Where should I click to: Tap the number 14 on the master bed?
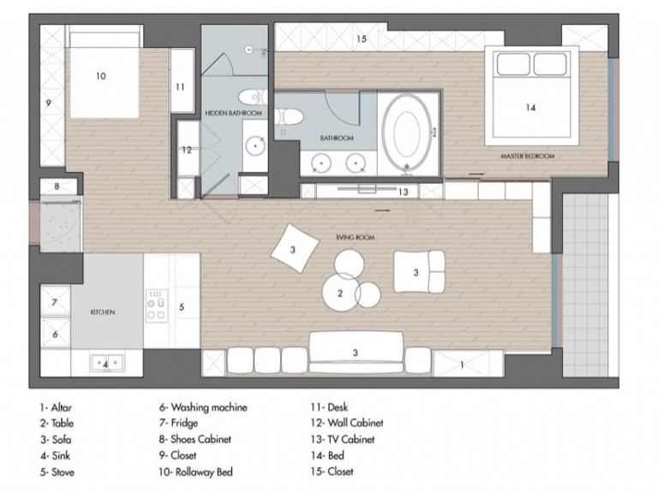[530, 108]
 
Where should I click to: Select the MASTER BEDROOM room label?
[528, 157]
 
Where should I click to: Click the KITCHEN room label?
[103, 312]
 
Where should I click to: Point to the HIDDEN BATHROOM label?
[233, 113]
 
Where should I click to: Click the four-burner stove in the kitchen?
[157, 306]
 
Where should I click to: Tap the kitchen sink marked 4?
[107, 364]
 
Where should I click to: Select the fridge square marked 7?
[55, 301]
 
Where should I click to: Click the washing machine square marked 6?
[55, 333]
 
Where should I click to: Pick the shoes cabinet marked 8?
[58, 187]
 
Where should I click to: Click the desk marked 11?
[182, 80]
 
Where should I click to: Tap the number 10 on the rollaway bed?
[101, 76]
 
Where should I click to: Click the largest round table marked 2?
[340, 293]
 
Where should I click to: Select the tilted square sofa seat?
[295, 248]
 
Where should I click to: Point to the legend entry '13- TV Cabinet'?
[343, 440]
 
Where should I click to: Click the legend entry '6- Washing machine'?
[203, 407]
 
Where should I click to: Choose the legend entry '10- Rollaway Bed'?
[195, 471]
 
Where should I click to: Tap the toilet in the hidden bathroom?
[251, 98]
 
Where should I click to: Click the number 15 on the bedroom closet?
[362, 39]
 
